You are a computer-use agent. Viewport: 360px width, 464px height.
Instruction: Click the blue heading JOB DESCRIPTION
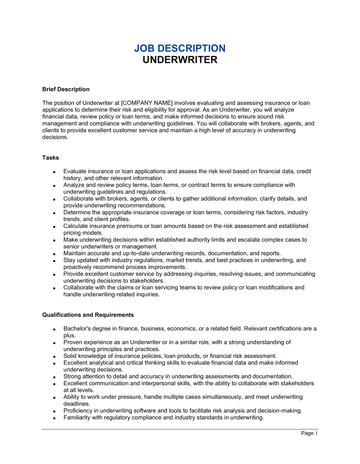click(180, 48)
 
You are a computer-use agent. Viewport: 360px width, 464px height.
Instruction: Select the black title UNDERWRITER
click(180, 60)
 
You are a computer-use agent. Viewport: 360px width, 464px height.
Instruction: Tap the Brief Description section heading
click(66, 89)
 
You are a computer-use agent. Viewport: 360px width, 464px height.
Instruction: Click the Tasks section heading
click(50, 158)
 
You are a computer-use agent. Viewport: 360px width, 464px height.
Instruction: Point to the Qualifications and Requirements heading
click(88, 315)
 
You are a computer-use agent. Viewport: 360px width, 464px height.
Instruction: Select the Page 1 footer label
click(309, 433)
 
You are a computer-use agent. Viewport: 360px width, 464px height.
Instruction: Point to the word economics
click(179, 328)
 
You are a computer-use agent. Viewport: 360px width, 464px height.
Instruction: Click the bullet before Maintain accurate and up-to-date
click(54, 254)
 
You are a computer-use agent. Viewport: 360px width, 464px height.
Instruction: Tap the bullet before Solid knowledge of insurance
click(54, 356)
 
